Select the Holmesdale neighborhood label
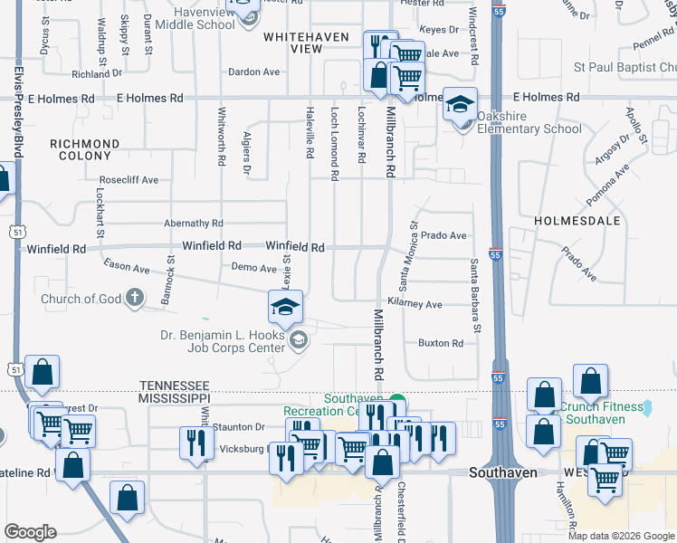(x=577, y=220)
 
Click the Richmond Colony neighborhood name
(x=84, y=149)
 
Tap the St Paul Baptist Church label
(x=625, y=67)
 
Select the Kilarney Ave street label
(x=415, y=305)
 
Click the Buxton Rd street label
(x=441, y=343)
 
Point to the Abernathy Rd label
(x=193, y=224)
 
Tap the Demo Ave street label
(x=253, y=268)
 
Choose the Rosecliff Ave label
(x=129, y=180)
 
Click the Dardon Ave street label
(x=253, y=71)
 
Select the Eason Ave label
(x=126, y=268)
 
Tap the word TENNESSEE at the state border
(x=174, y=385)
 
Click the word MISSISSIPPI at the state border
(x=174, y=398)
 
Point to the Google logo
(x=30, y=532)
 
